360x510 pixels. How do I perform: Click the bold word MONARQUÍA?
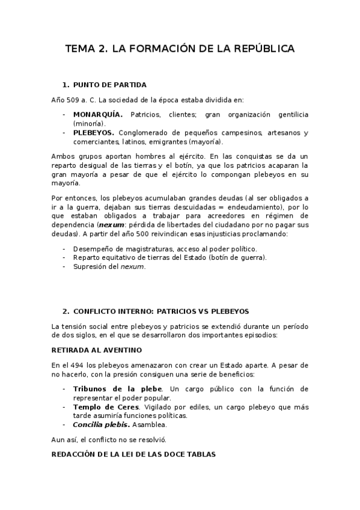[x=98, y=114]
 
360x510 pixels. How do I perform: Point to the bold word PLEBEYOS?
[x=94, y=133]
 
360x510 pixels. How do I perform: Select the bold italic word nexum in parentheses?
[x=102, y=224]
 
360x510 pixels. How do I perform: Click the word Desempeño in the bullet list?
[x=94, y=248]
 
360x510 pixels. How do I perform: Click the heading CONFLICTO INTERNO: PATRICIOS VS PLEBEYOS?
[x=160, y=312]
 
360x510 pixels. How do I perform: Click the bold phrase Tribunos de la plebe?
[x=117, y=389]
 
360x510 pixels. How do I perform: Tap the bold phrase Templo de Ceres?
[x=108, y=407]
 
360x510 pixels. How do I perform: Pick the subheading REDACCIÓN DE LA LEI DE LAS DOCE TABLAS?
[x=133, y=455]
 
